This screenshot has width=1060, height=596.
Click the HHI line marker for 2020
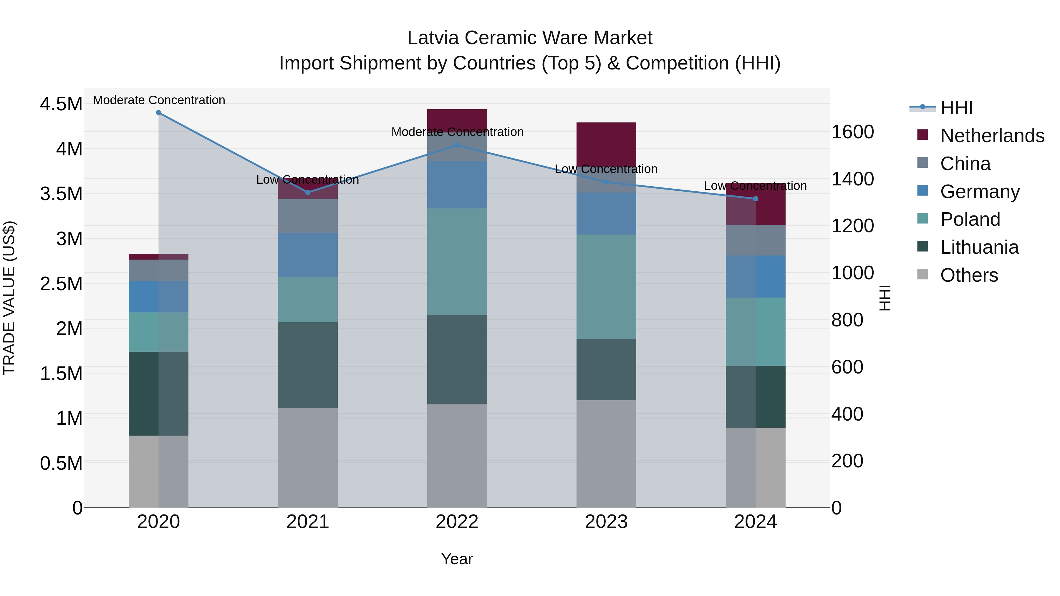tap(158, 113)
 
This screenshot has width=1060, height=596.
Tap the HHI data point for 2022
tap(457, 145)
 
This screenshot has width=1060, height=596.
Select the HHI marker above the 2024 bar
tap(756, 199)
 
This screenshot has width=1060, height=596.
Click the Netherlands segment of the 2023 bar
tap(606, 144)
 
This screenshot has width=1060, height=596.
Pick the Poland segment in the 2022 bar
tap(457, 262)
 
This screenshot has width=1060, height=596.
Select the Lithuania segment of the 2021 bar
tap(307, 365)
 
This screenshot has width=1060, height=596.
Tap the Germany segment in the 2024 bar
tap(756, 276)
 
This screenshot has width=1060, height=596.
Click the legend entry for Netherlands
tap(992, 136)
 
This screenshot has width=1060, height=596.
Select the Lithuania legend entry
tap(979, 247)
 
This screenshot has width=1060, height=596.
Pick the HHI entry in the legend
tap(956, 108)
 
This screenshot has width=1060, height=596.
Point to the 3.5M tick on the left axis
tap(61, 194)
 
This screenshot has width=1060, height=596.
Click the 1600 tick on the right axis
tap(853, 132)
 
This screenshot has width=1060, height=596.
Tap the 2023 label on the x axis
tap(606, 522)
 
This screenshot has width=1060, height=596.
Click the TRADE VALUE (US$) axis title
tap(9, 298)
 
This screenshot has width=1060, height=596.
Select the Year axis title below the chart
tap(457, 559)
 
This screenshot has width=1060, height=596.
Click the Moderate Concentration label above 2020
tap(159, 100)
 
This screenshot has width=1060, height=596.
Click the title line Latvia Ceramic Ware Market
tap(530, 38)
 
